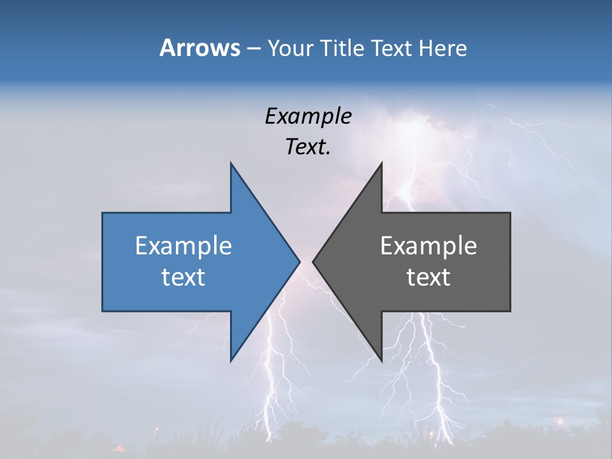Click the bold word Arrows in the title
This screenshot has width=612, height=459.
click(x=199, y=48)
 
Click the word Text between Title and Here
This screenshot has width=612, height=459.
click(x=393, y=48)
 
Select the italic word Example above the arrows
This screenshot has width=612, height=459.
click(x=308, y=116)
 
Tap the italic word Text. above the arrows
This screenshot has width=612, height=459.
click(x=308, y=147)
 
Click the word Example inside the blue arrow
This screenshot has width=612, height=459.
click(x=183, y=245)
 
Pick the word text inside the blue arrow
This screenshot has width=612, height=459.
click(x=183, y=277)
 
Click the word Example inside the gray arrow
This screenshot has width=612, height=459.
click(x=428, y=245)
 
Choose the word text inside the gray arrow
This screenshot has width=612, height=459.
click(x=428, y=277)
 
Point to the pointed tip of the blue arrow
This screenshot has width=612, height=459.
click(x=299, y=261)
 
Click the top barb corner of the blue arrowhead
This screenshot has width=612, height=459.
click(x=231, y=164)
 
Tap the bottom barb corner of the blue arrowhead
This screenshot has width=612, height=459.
click(x=231, y=360)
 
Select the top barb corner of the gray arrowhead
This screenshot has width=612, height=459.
click(x=381, y=164)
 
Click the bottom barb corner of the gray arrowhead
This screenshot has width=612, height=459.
click(x=381, y=360)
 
